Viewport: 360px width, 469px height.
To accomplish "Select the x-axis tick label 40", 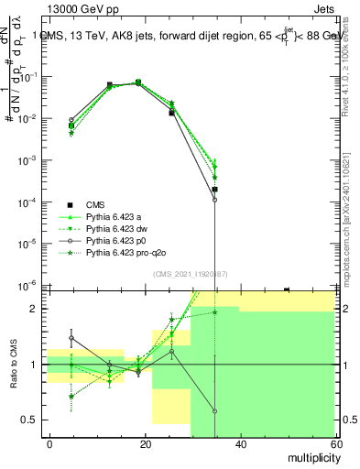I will [241, 443].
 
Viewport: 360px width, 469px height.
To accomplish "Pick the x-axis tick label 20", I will [146, 443].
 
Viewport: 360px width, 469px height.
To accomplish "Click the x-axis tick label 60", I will [335, 443].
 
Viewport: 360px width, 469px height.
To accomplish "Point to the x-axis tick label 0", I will [50, 443].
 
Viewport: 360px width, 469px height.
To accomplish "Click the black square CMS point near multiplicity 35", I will [214, 190].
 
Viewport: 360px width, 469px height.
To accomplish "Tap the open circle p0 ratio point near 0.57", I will [214, 411].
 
